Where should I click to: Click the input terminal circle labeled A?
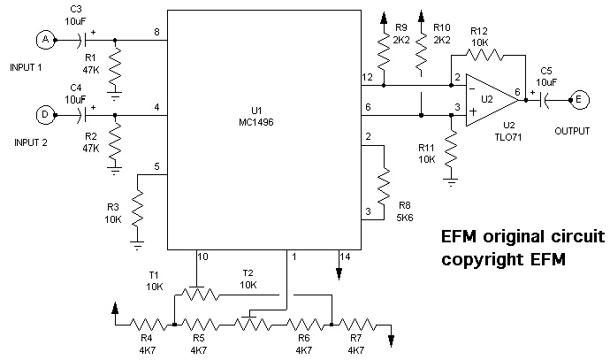pos(42,39)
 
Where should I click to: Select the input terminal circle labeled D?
pos(42,112)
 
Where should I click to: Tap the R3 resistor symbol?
pos(137,211)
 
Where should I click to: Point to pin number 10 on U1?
pos(202,257)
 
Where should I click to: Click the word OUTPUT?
pos(572,130)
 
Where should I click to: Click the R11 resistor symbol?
pos(452,152)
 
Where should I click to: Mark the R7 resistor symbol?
pos(359,324)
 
